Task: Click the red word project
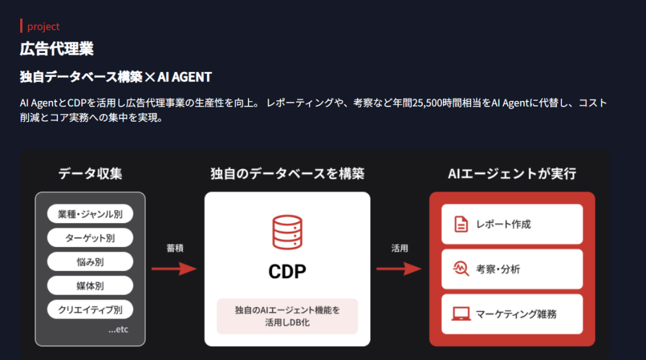coord(44,26)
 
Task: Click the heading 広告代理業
coord(57,49)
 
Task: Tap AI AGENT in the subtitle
coord(185,77)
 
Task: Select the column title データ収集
coord(90,173)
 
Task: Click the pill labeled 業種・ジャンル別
coord(90,214)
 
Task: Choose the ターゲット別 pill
coord(90,238)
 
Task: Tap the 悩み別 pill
coord(90,262)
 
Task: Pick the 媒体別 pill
coord(90,286)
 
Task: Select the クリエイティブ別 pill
coord(90,310)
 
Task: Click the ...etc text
coord(118,330)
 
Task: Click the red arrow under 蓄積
coord(174,269)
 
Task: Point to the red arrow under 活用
coord(399,269)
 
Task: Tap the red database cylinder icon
coord(287,232)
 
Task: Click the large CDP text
coord(287,272)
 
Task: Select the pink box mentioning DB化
coord(287,316)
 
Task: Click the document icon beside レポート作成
coord(461,224)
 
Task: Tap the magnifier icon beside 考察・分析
coord(461,269)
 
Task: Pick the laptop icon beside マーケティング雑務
coord(461,314)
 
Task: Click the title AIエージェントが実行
coord(512,173)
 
